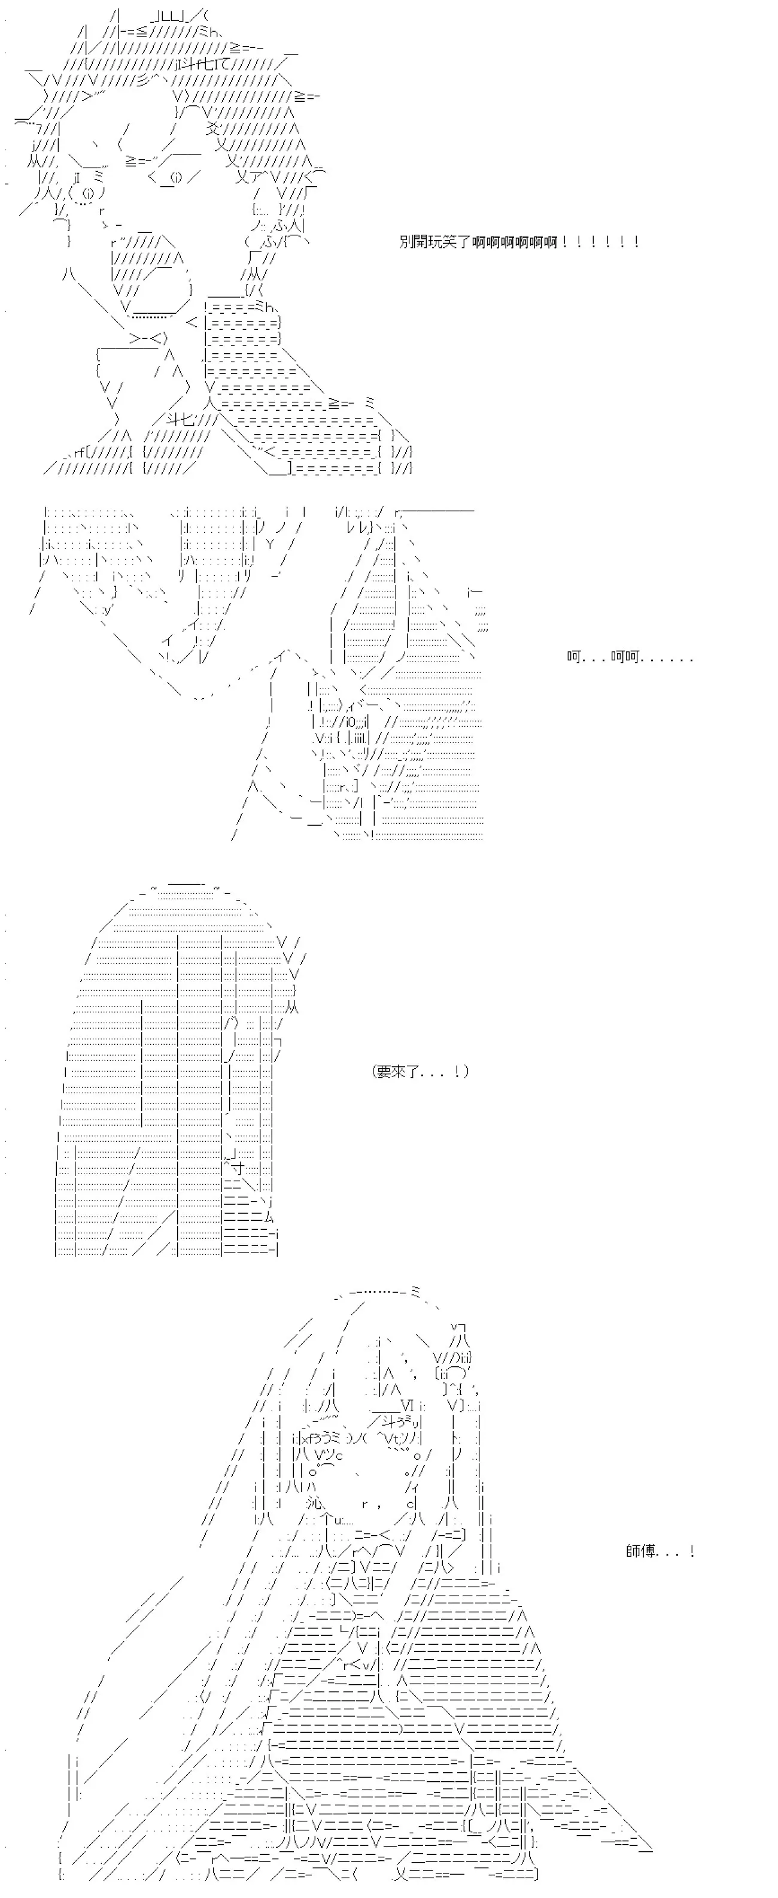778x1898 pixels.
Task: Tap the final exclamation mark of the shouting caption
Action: click(635, 242)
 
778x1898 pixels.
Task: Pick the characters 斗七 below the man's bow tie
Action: click(180, 420)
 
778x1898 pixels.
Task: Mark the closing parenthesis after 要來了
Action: click(466, 1071)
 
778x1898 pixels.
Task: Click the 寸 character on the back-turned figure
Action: click(236, 1169)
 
